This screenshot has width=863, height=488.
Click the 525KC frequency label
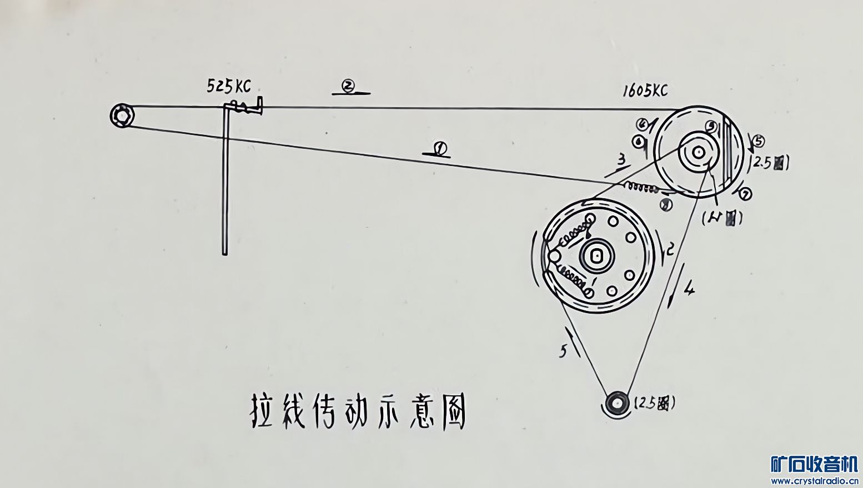point(229,86)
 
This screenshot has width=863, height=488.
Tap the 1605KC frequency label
point(645,90)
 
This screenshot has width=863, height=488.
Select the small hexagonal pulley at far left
point(121,116)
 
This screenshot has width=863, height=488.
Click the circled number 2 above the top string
point(349,85)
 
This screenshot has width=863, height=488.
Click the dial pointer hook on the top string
point(245,107)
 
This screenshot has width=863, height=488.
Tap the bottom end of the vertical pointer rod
point(225,252)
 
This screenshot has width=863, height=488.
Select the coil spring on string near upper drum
point(641,187)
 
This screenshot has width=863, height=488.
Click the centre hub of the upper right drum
point(698,152)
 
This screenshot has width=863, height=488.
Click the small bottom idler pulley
point(615,403)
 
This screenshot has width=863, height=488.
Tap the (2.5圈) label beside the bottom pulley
point(655,403)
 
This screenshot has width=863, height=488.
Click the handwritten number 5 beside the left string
point(563,351)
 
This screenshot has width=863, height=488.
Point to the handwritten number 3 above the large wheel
point(621,160)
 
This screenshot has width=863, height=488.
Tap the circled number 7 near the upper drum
point(746,194)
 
